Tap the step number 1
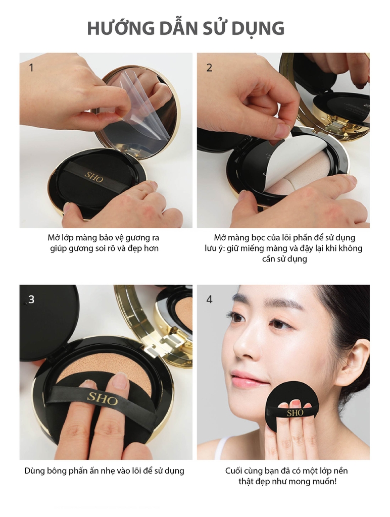coord(31,68)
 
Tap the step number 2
coord(209,68)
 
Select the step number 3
coord(31,299)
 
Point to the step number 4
coord(209,299)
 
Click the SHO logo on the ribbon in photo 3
coord(102,398)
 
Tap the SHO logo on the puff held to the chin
coord(295,413)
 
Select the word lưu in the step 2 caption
coord(211,248)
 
